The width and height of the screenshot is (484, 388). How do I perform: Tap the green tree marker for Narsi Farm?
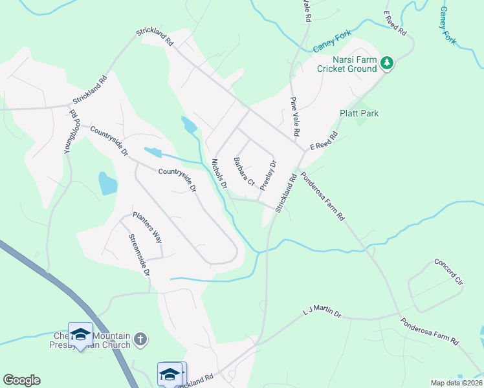click(x=387, y=63)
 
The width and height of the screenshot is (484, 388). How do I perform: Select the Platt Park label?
click(x=359, y=113)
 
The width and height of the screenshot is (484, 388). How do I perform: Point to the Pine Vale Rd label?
click(x=294, y=116)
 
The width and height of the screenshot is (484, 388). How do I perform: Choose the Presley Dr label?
click(x=268, y=175)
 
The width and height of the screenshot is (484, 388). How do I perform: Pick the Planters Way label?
click(x=148, y=226)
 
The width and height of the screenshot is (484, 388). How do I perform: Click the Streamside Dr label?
click(x=139, y=255)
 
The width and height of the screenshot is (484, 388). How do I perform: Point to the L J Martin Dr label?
click(x=322, y=314)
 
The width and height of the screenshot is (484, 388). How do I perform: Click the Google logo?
click(x=21, y=380)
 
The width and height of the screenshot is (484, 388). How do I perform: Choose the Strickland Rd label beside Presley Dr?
click(x=285, y=193)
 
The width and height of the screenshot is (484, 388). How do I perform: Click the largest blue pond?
click(x=107, y=184)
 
